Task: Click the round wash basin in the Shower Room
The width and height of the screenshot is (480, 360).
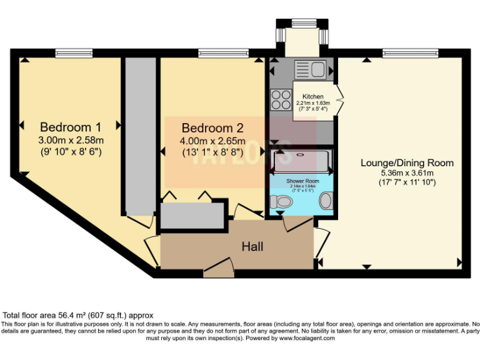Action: point(326,201)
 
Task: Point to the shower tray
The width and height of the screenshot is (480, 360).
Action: point(301,161)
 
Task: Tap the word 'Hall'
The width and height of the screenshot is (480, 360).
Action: point(252,246)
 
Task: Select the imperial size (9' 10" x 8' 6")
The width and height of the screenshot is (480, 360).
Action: point(70,151)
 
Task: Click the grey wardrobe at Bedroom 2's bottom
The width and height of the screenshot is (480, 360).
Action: point(192,216)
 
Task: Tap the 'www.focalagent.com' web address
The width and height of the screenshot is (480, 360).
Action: point(306,337)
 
